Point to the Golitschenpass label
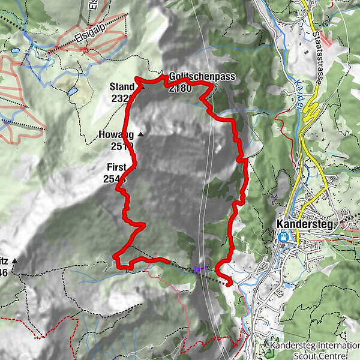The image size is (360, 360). [202, 77]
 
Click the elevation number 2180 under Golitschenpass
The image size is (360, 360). [181, 88]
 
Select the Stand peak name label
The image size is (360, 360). [122, 87]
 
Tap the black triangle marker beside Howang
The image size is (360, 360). [140, 134]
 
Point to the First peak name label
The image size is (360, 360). [118, 167]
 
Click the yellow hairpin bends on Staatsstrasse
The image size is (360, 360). [311, 111]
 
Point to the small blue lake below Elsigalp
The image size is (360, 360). [72, 92]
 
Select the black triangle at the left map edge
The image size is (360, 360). [14, 261]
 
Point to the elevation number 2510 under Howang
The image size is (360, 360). [121, 146]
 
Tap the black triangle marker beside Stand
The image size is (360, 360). [142, 86]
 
